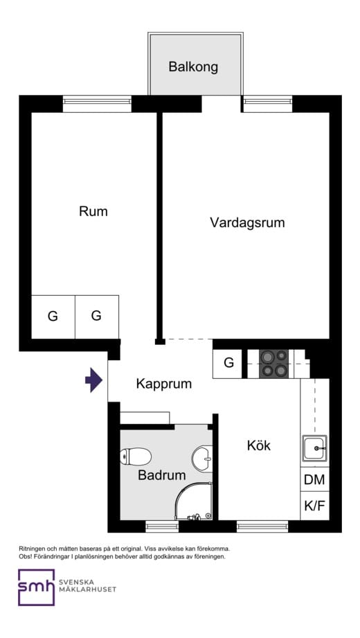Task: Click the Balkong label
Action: pyautogui.click(x=193, y=67)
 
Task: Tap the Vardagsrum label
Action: pyautogui.click(x=247, y=223)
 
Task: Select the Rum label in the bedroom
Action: pyautogui.click(x=93, y=211)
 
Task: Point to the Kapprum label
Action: pyautogui.click(x=163, y=384)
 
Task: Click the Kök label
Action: pyautogui.click(x=258, y=445)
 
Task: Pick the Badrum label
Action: pyautogui.click(x=161, y=475)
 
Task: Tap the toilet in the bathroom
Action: pyautogui.click(x=136, y=457)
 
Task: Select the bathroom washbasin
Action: pyautogui.click(x=201, y=458)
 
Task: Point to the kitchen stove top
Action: pyautogui.click(x=273, y=364)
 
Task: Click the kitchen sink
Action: pyautogui.click(x=314, y=449)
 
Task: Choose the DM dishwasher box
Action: pyautogui.click(x=314, y=479)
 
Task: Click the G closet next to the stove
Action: pyautogui.click(x=228, y=363)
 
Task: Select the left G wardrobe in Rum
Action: pyautogui.click(x=53, y=317)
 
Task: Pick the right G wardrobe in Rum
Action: pyautogui.click(x=96, y=316)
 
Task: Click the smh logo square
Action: pyautogui.click(x=36, y=587)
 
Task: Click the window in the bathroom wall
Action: pyautogui.click(x=162, y=526)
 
